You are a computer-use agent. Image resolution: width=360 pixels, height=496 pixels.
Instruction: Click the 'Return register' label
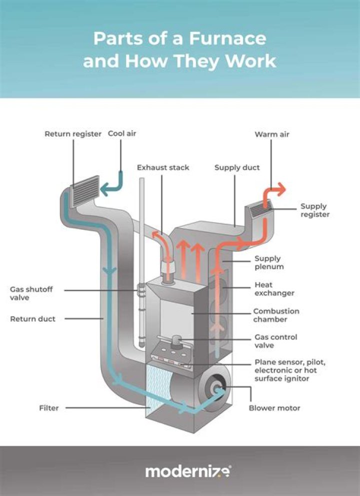pyautogui.click(x=73, y=134)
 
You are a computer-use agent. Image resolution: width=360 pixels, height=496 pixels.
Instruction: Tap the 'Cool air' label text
pyautogui.click(x=122, y=134)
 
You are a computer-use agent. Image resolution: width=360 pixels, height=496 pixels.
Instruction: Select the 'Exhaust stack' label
pyautogui.click(x=163, y=167)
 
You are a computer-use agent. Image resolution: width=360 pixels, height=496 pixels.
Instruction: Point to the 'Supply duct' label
pyautogui.click(x=236, y=167)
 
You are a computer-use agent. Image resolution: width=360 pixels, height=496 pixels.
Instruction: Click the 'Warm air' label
pyautogui.click(x=272, y=134)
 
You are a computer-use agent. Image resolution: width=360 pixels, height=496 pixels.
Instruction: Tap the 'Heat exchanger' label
pyautogui.click(x=274, y=289)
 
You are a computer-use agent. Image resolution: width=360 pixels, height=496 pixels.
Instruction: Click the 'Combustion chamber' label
pyautogui.click(x=276, y=315)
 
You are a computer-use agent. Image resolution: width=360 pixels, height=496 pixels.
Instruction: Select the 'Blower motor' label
pyautogui.click(x=274, y=408)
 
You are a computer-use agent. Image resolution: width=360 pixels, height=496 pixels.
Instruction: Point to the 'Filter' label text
pyautogui.click(x=49, y=408)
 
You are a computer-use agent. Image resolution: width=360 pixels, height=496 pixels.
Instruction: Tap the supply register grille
pyautogui.click(x=260, y=208)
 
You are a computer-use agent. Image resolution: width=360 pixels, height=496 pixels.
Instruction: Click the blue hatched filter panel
pyautogui.click(x=159, y=387)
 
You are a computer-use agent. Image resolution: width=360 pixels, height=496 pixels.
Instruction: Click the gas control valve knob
pyautogui.click(x=176, y=341)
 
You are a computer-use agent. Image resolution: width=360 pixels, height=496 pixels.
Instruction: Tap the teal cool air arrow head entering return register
pyautogui.click(x=103, y=190)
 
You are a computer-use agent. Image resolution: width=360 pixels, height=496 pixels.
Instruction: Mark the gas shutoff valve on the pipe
pyautogui.click(x=141, y=290)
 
